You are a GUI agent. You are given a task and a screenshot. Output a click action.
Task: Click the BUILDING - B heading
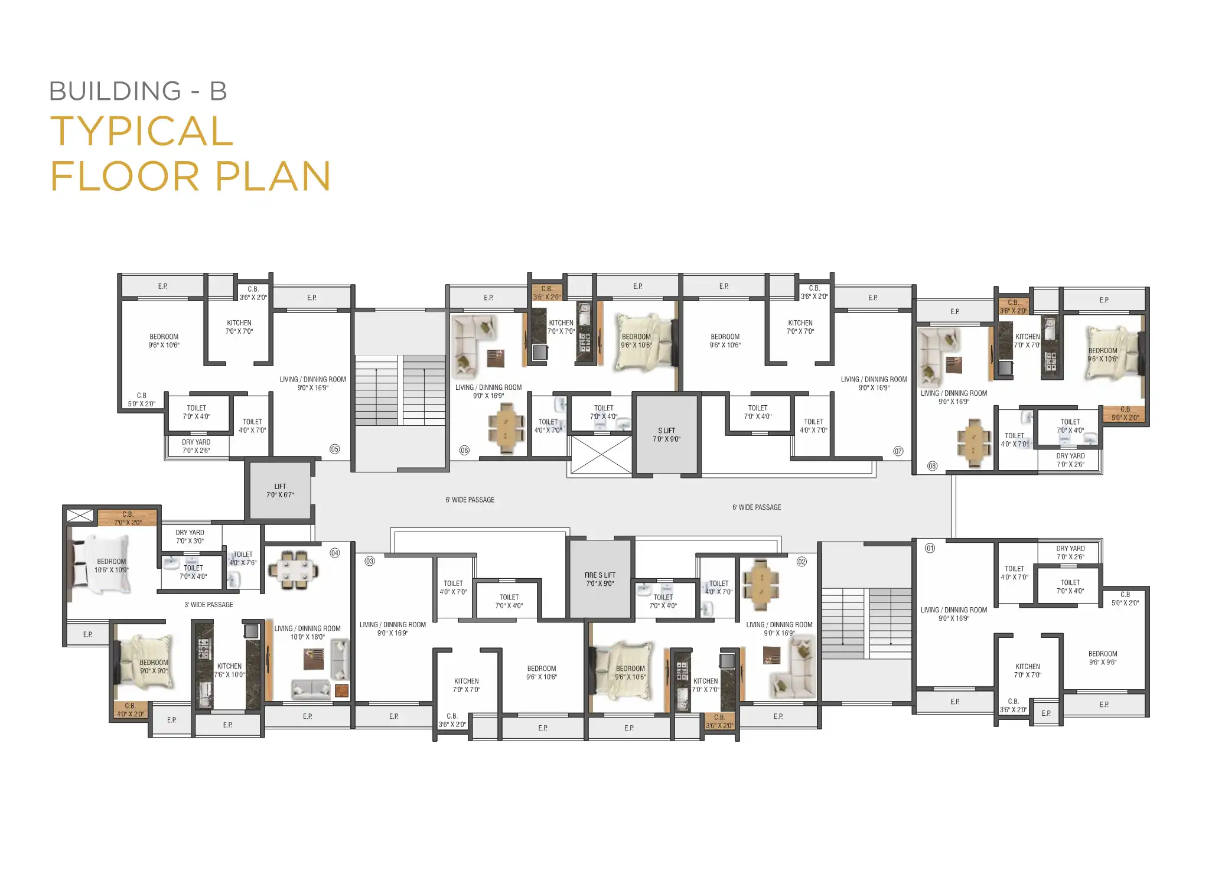pos(138,91)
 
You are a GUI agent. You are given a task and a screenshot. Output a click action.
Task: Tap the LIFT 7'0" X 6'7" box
pos(280,491)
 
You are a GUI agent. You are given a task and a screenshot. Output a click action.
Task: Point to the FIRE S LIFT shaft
pos(600,579)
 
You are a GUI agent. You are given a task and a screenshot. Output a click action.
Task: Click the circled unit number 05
pos(335,449)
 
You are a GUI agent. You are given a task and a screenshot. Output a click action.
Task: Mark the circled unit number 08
pos(932,466)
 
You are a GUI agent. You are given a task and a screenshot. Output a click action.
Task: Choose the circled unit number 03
pos(370,561)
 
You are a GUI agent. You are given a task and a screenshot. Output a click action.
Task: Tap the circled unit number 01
pos(930,548)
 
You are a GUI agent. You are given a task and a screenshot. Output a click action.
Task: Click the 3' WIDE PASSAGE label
pos(208,605)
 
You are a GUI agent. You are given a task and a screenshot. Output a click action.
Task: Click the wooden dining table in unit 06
pos(506,428)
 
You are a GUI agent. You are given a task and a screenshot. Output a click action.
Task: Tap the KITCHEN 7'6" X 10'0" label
pos(229,670)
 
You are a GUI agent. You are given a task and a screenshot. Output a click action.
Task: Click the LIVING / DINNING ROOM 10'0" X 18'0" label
pos(307,633)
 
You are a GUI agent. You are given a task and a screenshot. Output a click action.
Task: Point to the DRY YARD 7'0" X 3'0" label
pos(190,537)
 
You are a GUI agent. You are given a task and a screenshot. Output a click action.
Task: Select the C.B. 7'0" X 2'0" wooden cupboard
pos(128,517)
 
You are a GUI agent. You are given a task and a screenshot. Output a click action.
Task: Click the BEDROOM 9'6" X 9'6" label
pos(1103,658)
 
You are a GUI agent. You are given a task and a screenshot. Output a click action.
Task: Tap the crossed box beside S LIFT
pos(601,454)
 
